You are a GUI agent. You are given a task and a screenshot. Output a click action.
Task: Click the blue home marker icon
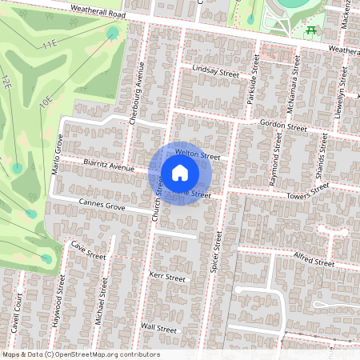(180, 173)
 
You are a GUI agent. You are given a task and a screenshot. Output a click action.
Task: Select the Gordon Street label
(284, 126)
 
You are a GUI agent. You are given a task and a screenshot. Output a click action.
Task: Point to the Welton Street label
(197, 154)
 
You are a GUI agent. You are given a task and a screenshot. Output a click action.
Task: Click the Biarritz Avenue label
(109, 166)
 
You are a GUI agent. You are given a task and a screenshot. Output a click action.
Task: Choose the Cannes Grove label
(102, 206)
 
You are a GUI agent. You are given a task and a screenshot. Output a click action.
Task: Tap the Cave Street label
(88, 250)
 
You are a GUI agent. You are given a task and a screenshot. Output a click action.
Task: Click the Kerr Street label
(167, 278)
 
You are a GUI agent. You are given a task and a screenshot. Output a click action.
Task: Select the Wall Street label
(158, 328)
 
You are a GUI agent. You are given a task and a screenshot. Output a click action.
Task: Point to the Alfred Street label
(314, 261)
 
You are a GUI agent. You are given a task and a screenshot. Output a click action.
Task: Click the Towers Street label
(309, 190)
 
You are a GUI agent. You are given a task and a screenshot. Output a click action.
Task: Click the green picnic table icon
(310, 30)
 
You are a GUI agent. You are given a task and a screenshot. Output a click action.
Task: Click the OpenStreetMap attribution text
(80, 354)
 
